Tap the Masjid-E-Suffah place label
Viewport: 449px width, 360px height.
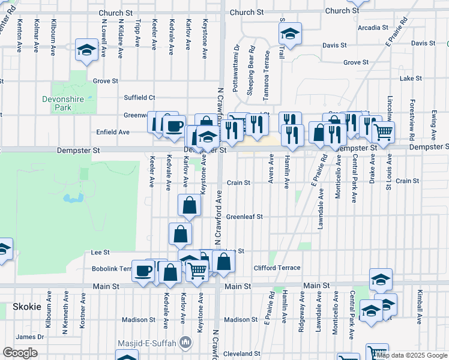click(152, 343)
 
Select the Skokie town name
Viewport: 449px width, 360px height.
click(27, 307)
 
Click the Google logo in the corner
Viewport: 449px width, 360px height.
click(20, 353)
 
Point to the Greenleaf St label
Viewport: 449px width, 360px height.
click(244, 217)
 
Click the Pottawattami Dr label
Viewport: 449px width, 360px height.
click(237, 67)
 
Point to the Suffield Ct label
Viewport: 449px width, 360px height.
click(139, 97)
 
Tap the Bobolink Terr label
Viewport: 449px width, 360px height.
click(111, 269)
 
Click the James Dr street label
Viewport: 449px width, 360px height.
click(30, 337)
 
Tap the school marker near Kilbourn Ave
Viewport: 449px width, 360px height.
click(87, 50)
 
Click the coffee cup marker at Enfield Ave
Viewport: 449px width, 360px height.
click(175, 127)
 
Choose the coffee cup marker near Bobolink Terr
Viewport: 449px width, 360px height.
click(143, 271)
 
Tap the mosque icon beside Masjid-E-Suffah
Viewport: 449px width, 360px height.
click(185, 343)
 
